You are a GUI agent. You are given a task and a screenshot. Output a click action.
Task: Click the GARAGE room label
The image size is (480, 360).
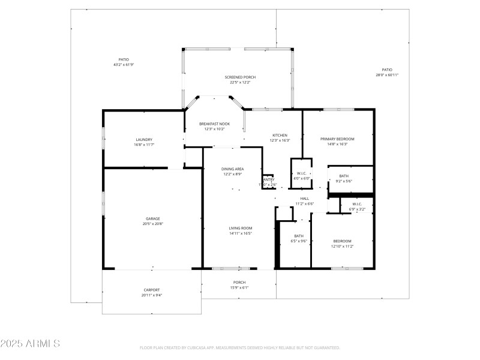click(x=152, y=218)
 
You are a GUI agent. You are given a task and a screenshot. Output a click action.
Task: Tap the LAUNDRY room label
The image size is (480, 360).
click(x=144, y=139)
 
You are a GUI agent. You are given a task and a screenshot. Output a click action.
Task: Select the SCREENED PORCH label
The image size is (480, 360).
click(x=240, y=77)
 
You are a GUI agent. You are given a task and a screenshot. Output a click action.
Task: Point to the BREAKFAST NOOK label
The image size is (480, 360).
click(x=214, y=124)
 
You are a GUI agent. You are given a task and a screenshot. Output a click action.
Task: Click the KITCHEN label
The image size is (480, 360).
click(x=280, y=135)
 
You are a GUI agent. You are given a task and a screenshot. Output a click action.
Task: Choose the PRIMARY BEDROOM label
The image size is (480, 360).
click(x=337, y=139)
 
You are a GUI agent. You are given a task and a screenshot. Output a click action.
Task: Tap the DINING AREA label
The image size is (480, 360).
click(x=233, y=169)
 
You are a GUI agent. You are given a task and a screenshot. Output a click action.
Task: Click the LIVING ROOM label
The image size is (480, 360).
click(x=240, y=228)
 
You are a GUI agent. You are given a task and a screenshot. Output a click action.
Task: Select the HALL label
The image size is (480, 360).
click(x=304, y=199)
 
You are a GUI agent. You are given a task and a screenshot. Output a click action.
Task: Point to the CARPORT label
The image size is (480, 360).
click(x=152, y=290)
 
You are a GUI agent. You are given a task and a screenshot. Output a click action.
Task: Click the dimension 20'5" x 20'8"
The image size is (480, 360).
click(x=152, y=224)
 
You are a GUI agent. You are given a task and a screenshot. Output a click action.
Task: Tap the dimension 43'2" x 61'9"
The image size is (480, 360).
click(x=124, y=65)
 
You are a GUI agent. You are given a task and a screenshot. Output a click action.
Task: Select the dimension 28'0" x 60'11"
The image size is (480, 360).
click(x=387, y=75)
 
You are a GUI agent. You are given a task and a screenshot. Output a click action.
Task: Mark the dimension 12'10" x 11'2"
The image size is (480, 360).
click(x=342, y=246)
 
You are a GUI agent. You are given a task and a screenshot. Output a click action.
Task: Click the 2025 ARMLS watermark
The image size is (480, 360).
click(x=30, y=344)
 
